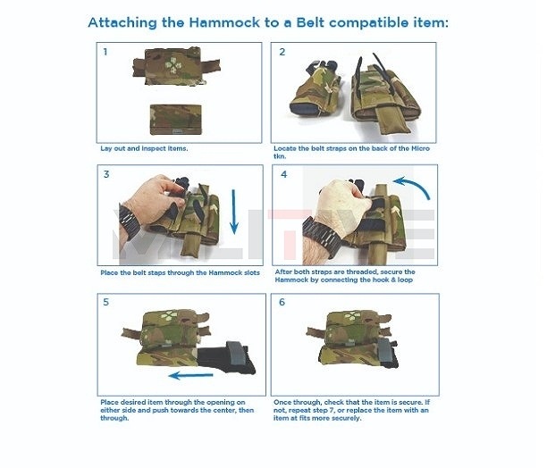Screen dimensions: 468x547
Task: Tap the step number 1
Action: [105, 52]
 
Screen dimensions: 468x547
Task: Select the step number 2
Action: [282, 52]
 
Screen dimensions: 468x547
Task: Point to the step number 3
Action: [106, 174]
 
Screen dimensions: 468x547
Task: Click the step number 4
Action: [283, 174]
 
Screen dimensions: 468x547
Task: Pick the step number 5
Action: [105, 303]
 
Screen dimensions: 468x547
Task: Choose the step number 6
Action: [283, 303]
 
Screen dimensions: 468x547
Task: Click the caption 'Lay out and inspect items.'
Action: [144, 147]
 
